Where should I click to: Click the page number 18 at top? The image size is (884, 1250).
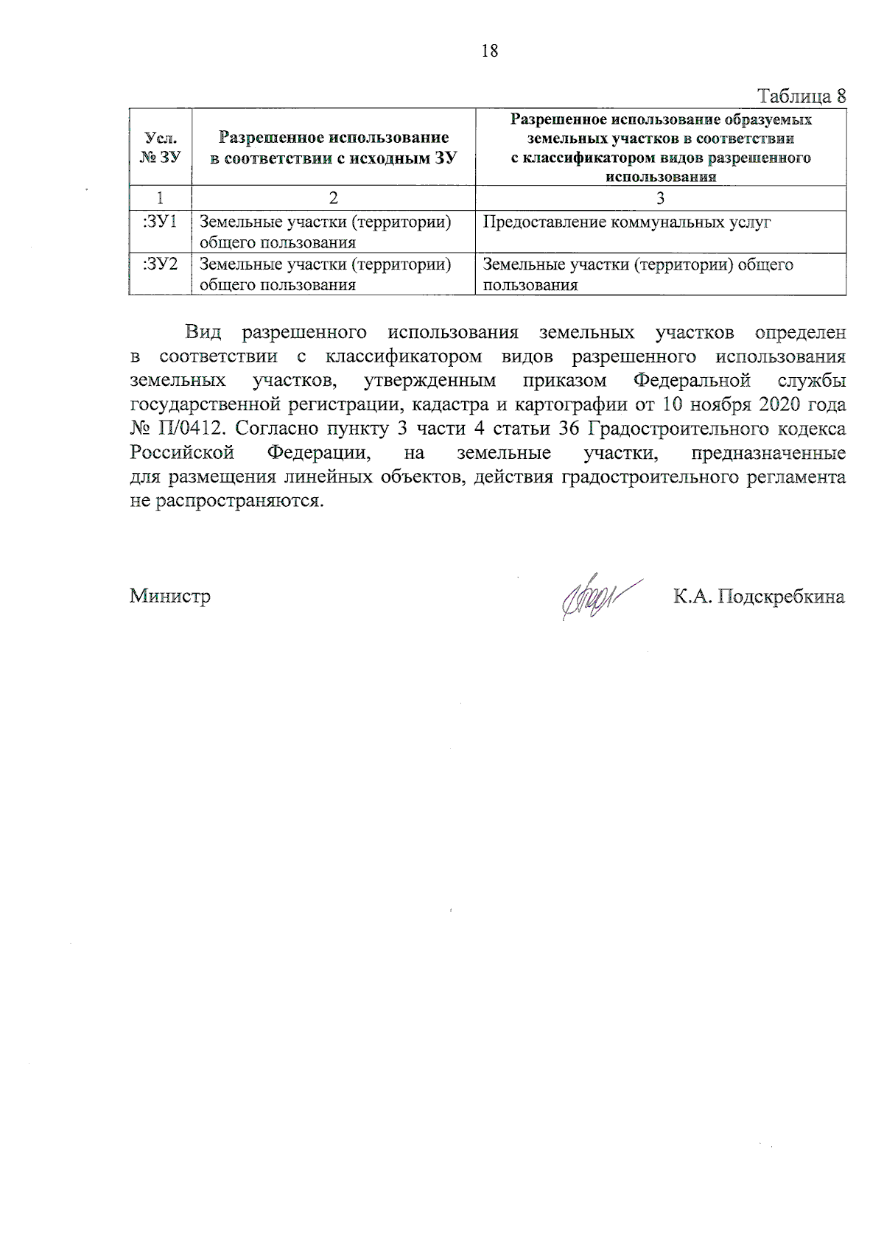pos(490,51)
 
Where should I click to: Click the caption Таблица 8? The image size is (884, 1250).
pos(801,96)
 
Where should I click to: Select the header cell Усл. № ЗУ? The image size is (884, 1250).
pos(160,147)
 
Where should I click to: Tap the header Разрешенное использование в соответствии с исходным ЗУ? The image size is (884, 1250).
pos(333,147)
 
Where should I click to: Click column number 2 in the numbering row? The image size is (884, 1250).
pos(333,198)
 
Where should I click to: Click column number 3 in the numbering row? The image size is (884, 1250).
pos(660,198)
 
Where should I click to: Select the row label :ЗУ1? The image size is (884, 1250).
pos(160,222)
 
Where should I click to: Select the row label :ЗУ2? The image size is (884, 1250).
pos(160,264)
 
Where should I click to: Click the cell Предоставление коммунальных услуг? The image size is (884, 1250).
pos(627,222)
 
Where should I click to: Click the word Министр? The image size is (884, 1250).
pos(170,596)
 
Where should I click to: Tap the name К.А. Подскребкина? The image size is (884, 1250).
pos(759,596)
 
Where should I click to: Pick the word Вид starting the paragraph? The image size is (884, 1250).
pos(203,333)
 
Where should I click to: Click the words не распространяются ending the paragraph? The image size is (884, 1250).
pos(226,502)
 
